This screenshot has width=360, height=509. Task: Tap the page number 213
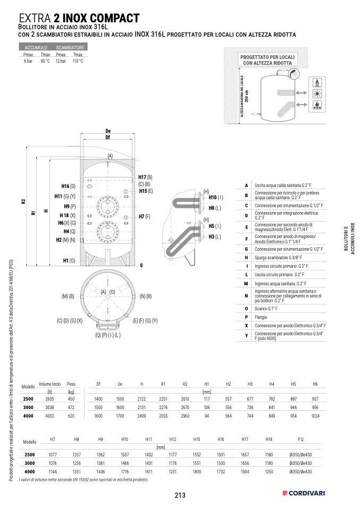(179, 495)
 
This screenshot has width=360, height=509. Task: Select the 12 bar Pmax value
(61, 61)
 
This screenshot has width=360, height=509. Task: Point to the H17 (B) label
(145, 177)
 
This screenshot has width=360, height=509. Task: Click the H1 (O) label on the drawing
(69, 260)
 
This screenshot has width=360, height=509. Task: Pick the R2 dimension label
(23, 201)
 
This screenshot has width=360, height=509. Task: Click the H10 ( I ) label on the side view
(216, 198)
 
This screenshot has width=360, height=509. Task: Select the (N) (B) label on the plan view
(146, 296)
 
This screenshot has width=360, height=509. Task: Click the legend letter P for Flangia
(246, 317)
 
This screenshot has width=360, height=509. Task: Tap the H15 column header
(197, 439)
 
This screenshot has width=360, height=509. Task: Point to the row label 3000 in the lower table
(29, 463)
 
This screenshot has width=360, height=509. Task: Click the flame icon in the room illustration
(317, 84)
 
